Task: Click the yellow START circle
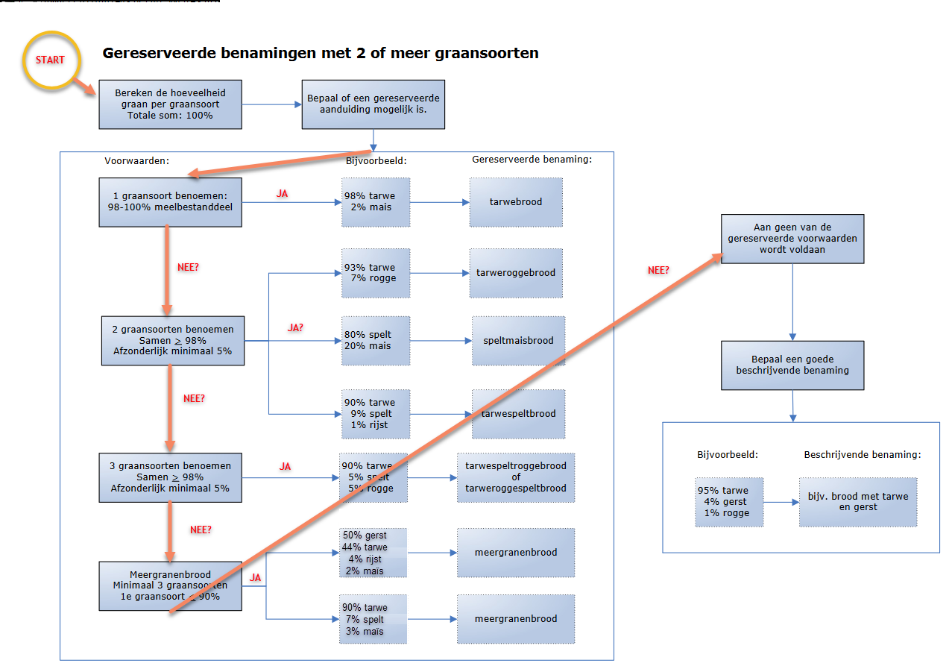click(x=51, y=60)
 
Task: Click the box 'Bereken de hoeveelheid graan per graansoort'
click(x=170, y=104)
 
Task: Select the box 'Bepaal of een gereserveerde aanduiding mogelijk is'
click(x=373, y=104)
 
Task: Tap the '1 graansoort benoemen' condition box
click(x=170, y=201)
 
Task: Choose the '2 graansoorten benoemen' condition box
click(x=173, y=340)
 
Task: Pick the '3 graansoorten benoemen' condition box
click(x=170, y=477)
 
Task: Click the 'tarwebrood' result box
click(x=516, y=202)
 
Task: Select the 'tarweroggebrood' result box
click(x=516, y=273)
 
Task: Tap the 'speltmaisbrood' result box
click(x=518, y=340)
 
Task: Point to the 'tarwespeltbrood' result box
click(x=518, y=414)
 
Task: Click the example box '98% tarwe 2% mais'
click(x=376, y=202)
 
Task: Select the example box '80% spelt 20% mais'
click(x=376, y=340)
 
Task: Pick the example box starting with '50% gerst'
click(x=373, y=553)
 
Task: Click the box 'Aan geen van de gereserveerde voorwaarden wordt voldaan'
click(x=792, y=239)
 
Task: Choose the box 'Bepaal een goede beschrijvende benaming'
click(x=792, y=365)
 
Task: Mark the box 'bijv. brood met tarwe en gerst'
click(x=857, y=502)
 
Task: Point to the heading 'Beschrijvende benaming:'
click(x=862, y=454)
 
